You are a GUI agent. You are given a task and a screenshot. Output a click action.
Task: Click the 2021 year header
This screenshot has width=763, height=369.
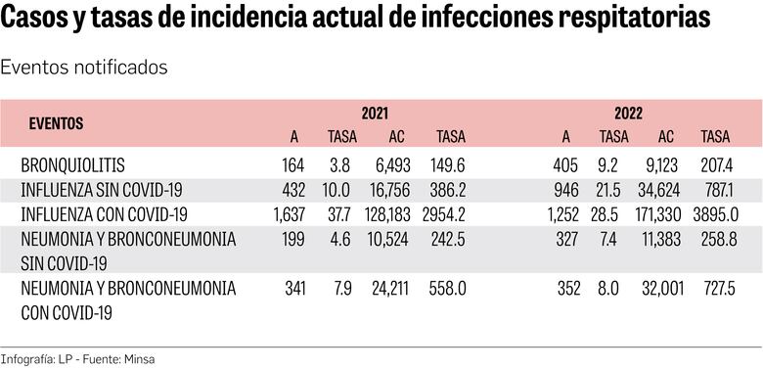pos(375,115)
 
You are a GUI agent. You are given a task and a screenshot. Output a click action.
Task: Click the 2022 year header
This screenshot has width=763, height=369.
pos(629,115)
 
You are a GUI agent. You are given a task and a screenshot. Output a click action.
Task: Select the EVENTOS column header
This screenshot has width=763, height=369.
pos(56,125)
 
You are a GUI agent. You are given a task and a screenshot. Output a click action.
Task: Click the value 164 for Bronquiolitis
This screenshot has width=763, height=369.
pos(292,164)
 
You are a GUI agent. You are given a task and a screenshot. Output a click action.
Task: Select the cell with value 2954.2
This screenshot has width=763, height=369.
pos(449,214)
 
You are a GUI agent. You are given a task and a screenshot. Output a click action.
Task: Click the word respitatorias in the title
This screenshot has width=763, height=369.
pos(623,21)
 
